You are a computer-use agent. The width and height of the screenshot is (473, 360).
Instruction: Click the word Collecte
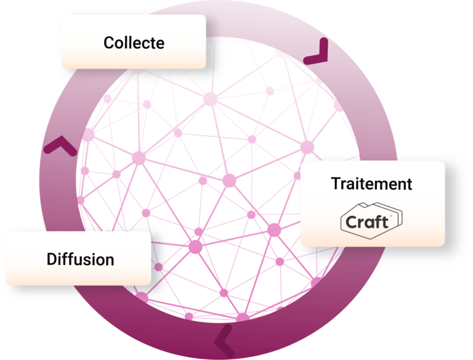pos(134,43)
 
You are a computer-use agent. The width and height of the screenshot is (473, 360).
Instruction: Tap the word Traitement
pos(371,184)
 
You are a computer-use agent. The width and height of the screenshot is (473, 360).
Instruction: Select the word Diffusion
pos(80,259)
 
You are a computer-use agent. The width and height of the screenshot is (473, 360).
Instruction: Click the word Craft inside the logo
pos(366,222)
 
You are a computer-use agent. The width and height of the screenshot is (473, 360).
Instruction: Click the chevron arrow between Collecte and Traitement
pos(318,54)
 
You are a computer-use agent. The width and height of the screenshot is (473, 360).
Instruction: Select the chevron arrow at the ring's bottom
pos(222,338)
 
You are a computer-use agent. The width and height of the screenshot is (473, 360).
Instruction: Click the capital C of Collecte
pos(109,43)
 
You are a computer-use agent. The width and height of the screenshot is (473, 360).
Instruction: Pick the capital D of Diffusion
pos(51,259)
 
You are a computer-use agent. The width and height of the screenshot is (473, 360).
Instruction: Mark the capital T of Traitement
pos(336,184)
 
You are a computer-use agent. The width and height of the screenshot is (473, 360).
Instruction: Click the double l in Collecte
pos(128,43)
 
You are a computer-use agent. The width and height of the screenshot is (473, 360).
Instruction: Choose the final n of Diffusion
pos(110,260)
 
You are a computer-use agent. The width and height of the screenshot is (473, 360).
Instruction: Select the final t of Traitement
pos(409,184)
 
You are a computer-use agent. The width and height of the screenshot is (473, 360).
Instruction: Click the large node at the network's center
pos(229,180)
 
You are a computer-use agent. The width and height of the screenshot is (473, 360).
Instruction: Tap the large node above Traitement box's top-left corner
pos(306,147)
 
